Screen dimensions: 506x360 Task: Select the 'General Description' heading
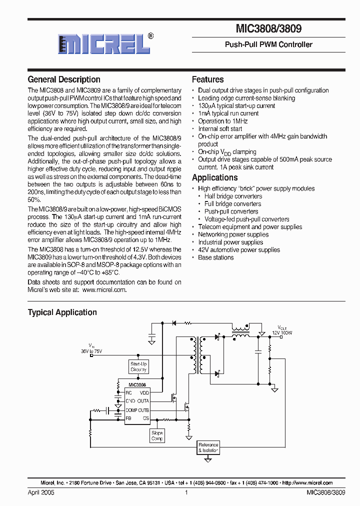pyautogui.click(x=64, y=79)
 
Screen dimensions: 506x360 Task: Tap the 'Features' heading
pyautogui.click(x=207, y=79)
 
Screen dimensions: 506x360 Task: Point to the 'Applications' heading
pyautogui.click(x=214, y=177)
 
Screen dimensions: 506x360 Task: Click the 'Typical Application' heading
pyautogui.click(x=62, y=312)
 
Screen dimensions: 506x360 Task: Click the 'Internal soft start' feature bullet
pyautogui.click(x=220, y=128)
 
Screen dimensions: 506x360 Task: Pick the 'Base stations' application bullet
pyautogui.click(x=215, y=257)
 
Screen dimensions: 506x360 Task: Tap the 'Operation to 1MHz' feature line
pyautogui.click(x=222, y=121)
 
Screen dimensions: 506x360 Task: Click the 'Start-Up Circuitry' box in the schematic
pyautogui.click(x=138, y=366)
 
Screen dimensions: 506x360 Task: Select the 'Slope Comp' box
pyautogui.click(x=157, y=435)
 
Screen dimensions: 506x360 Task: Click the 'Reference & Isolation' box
pyautogui.click(x=208, y=447)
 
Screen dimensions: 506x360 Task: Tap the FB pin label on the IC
pyautogui.click(x=128, y=417)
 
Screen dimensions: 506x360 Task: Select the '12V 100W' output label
pyautogui.click(x=282, y=332)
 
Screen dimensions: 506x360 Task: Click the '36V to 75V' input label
pyautogui.click(x=91, y=351)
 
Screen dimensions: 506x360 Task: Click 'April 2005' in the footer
pyautogui.click(x=40, y=492)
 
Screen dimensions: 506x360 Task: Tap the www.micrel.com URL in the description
pyautogui.click(x=104, y=290)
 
